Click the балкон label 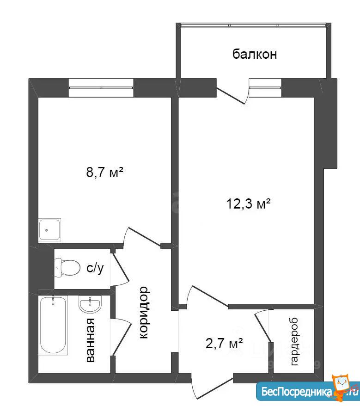click(255, 54)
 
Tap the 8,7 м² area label click(104, 172)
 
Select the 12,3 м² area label click(249, 203)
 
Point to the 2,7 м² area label click(224, 343)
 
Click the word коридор click(144, 313)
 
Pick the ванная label click(90, 340)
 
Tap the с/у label click(95, 268)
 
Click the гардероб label click(294, 342)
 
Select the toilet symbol click(67, 268)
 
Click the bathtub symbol click(53, 325)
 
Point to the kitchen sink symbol click(50, 230)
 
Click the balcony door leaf click(231, 96)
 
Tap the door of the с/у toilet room click(120, 268)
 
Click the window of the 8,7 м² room click(101, 88)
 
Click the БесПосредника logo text click(297, 391)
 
